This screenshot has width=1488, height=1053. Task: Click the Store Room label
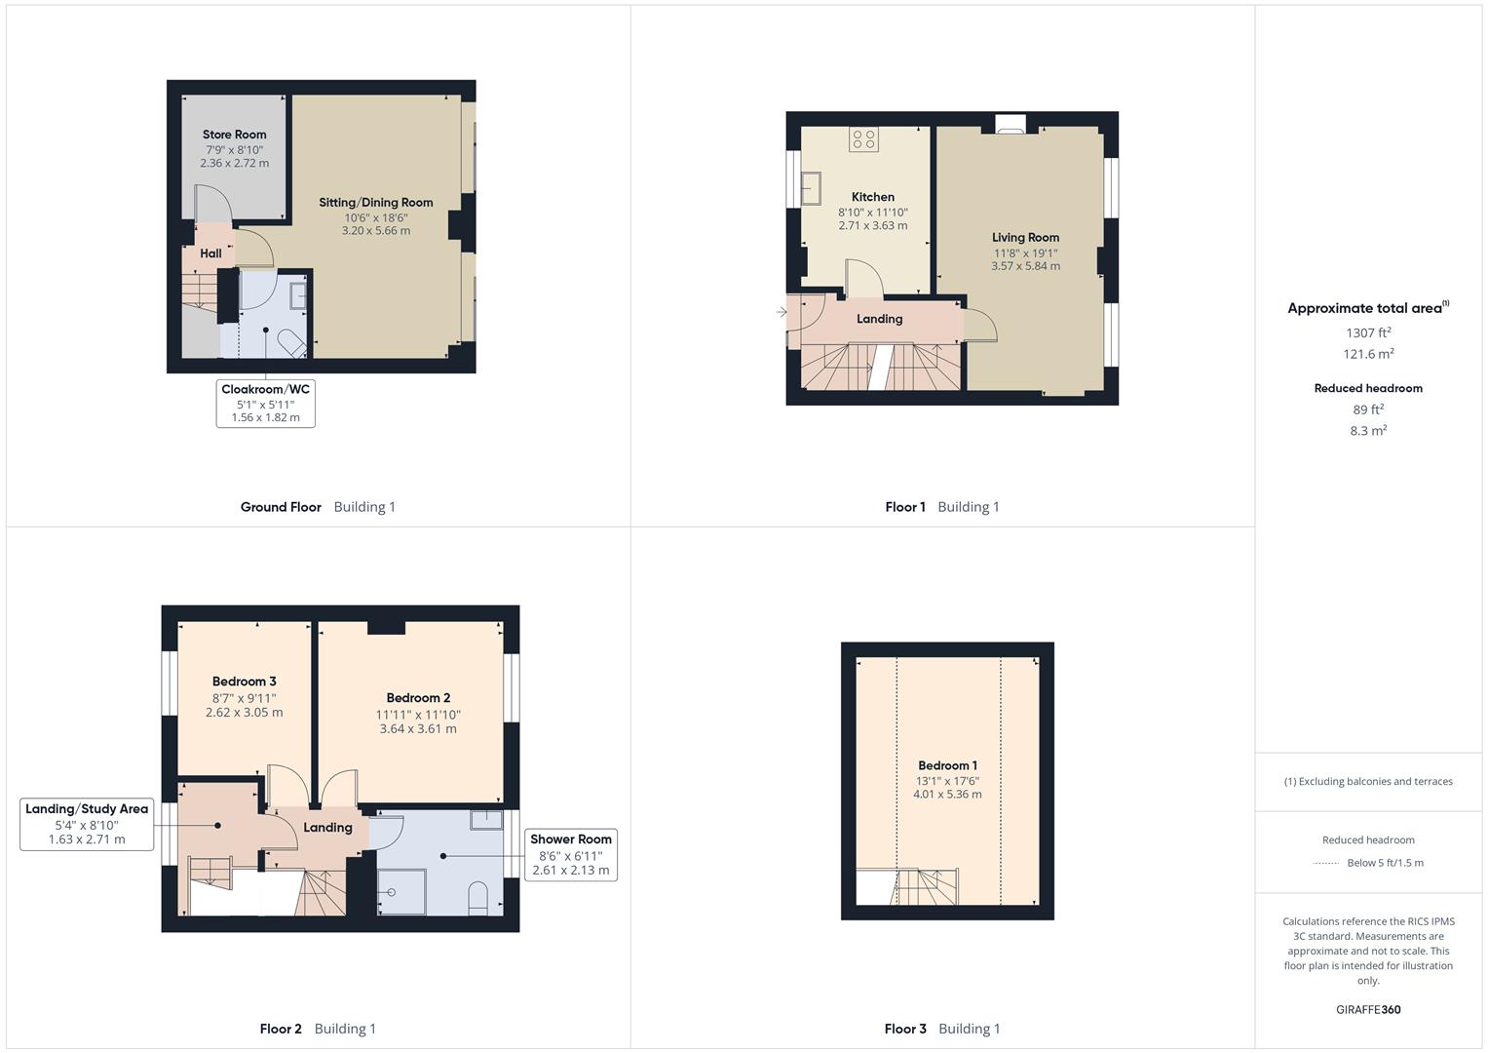[235, 135]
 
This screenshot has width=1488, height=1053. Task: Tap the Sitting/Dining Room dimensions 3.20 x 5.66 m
[376, 231]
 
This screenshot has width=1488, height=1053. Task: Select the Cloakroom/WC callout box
[266, 403]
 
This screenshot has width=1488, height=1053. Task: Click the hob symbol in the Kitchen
[863, 138]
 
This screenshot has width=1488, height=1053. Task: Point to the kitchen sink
[811, 188]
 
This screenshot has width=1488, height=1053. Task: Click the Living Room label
[1026, 237]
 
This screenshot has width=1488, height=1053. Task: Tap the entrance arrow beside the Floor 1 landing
[782, 311]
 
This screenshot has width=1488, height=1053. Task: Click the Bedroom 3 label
[245, 682]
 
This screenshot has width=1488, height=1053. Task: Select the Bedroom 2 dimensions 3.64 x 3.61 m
[418, 728]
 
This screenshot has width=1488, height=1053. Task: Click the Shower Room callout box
[571, 855]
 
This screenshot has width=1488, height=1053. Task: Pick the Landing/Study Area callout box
[87, 824]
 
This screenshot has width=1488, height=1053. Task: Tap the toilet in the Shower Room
[478, 898]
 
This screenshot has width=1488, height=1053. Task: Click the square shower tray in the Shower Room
[401, 891]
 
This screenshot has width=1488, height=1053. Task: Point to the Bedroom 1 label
[947, 765]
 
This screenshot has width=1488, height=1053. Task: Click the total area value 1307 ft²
[1368, 332]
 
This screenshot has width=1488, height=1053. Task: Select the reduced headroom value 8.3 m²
[1368, 430]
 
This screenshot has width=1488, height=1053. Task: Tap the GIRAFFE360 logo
[1368, 1009]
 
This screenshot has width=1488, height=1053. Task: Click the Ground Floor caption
[281, 507]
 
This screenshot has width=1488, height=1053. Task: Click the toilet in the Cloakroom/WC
[292, 342]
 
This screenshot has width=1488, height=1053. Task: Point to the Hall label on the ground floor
[210, 253]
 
